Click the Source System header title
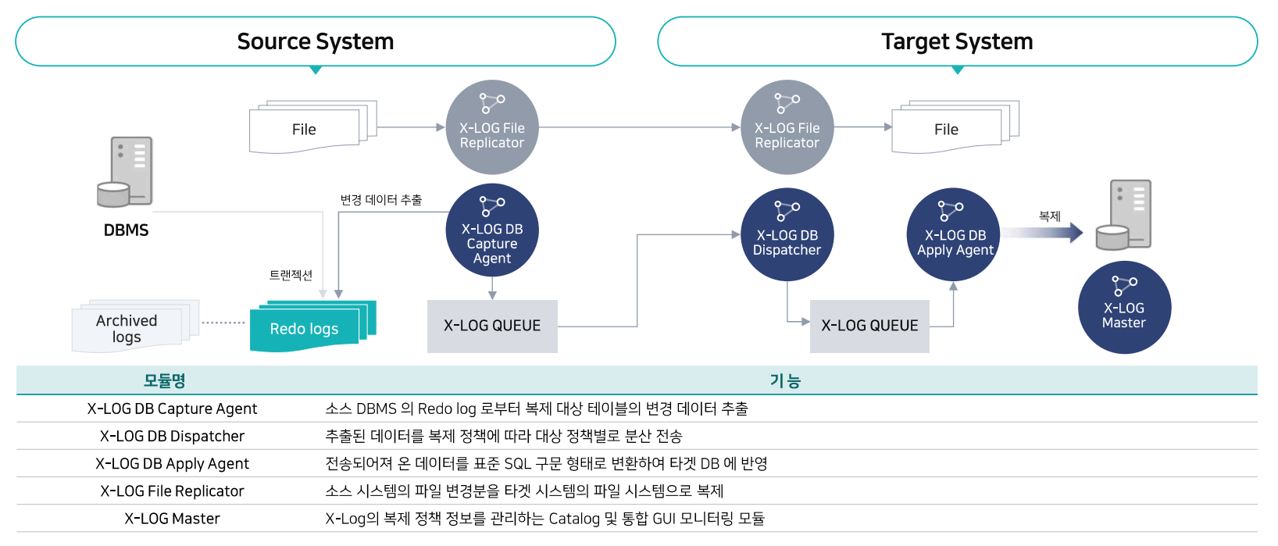tap(316, 41)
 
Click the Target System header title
tap(958, 41)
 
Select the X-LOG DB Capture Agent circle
tap(492, 230)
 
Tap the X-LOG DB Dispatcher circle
tap(787, 234)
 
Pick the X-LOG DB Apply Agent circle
tap(954, 234)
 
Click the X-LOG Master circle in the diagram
tap(1125, 308)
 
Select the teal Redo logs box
tap(313, 326)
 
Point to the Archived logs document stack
tap(136, 326)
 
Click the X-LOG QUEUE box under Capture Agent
tap(492, 327)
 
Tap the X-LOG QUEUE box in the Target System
tap(869, 327)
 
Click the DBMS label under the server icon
tap(126, 230)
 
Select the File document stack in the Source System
tap(313, 127)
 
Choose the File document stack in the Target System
tap(955, 127)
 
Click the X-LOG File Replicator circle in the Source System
tap(492, 127)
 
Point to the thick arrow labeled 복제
tap(1042, 232)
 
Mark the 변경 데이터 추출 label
tap(381, 200)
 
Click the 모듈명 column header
tap(164, 380)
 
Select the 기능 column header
tap(786, 380)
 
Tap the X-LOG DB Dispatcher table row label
tap(173, 436)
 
